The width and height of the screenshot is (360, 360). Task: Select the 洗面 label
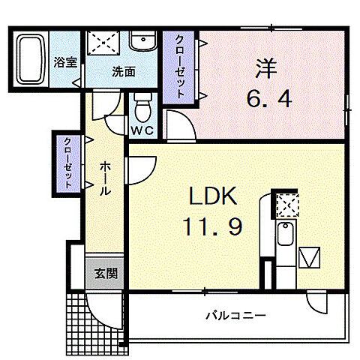pyautogui.click(x=123, y=73)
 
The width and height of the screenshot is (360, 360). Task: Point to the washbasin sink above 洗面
pyautogui.click(x=141, y=40)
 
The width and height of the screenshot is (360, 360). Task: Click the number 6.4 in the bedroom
pyautogui.click(x=267, y=97)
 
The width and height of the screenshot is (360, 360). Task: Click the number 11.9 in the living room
pyautogui.click(x=213, y=227)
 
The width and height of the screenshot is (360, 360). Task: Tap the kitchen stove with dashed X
pyautogui.click(x=286, y=204)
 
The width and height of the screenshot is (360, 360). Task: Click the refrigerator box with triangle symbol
pyautogui.click(x=310, y=258)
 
